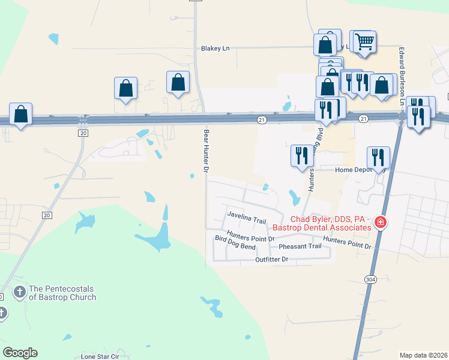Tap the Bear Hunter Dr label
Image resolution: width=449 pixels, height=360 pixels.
(x=205, y=151)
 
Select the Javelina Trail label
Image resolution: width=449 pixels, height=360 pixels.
(x=246, y=221)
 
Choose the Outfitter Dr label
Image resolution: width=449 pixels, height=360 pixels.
(x=272, y=259)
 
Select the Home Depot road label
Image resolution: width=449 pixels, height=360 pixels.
(x=360, y=170)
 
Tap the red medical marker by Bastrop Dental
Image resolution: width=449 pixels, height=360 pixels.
(x=379, y=223)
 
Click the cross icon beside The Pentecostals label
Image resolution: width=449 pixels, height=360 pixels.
(x=19, y=292)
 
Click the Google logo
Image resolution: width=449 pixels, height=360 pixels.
(x=20, y=353)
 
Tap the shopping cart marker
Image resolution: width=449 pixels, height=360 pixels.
(x=364, y=42)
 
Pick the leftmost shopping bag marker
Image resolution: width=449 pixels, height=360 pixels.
(x=21, y=113)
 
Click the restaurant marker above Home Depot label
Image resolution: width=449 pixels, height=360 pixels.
(x=378, y=157)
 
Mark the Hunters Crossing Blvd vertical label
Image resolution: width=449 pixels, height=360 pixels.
(x=311, y=170)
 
